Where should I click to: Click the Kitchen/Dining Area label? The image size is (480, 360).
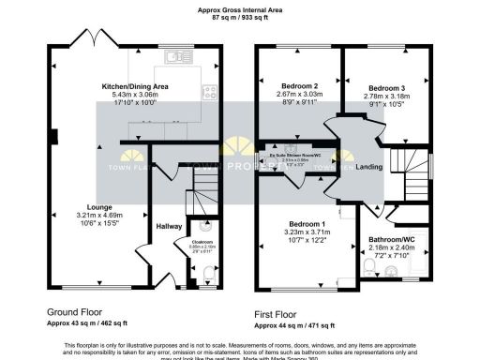[141, 86]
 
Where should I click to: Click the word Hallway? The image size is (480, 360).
[170, 226]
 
